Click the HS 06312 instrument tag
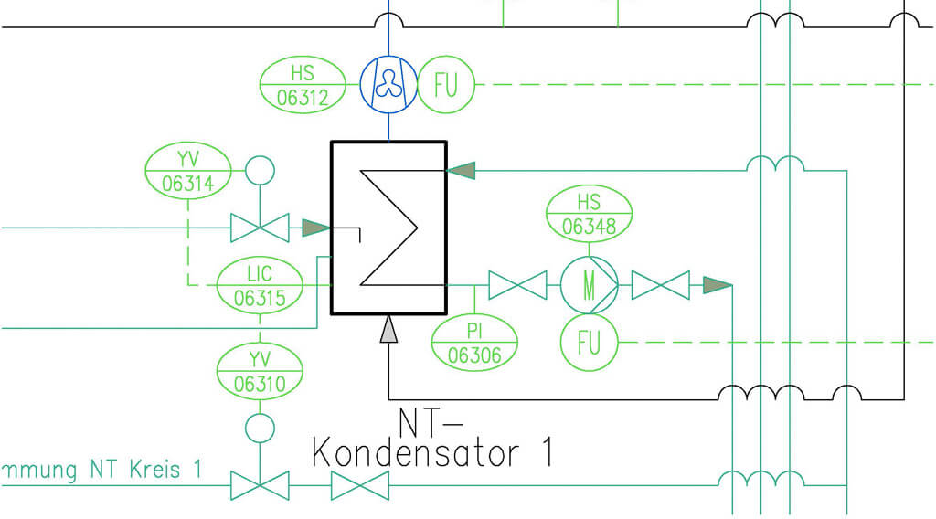coord(303,85)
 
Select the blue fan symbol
coord(388,85)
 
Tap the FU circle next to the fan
coord(446,86)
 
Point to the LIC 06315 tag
coord(260,285)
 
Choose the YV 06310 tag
coord(260,371)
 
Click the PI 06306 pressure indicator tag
coord(474,343)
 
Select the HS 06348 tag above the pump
coord(590,213)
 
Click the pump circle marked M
coord(589,286)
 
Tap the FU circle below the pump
coord(589,343)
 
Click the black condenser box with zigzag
coord(388,228)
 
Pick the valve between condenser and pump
coord(517,286)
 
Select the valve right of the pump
coord(660,286)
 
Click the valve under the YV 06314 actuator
coord(260,227)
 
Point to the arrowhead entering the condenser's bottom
coord(388,329)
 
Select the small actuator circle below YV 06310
coord(260,427)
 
